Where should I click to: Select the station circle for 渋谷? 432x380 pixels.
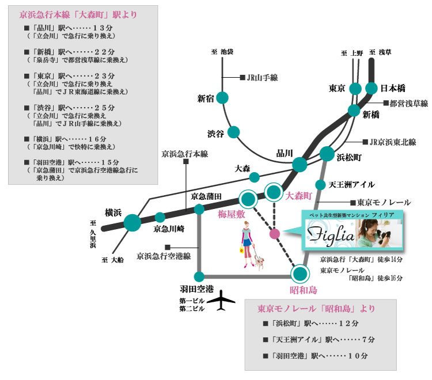[x=234, y=132]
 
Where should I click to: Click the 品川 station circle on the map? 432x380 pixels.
[x=300, y=165]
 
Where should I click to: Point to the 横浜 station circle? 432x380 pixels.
[x=132, y=222]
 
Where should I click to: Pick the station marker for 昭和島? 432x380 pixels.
[x=300, y=273]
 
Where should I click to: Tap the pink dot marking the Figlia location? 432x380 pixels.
[x=275, y=234]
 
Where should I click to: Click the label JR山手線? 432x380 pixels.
[x=262, y=77]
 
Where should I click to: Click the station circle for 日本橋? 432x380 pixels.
[x=372, y=88]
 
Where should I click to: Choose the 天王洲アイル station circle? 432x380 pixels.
[x=320, y=185]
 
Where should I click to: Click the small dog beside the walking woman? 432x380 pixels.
[x=260, y=264]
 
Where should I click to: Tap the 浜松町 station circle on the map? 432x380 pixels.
[x=327, y=154]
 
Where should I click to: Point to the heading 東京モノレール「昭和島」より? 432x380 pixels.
[x=313, y=308]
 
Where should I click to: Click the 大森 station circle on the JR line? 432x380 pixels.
[x=254, y=177]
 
